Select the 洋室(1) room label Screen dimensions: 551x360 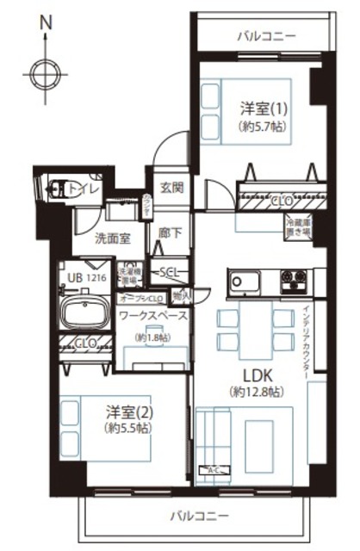(x=262, y=110)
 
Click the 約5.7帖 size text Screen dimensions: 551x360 (x=262, y=127)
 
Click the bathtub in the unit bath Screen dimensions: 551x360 (x=84, y=312)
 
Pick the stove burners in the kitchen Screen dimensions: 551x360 (x=294, y=280)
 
